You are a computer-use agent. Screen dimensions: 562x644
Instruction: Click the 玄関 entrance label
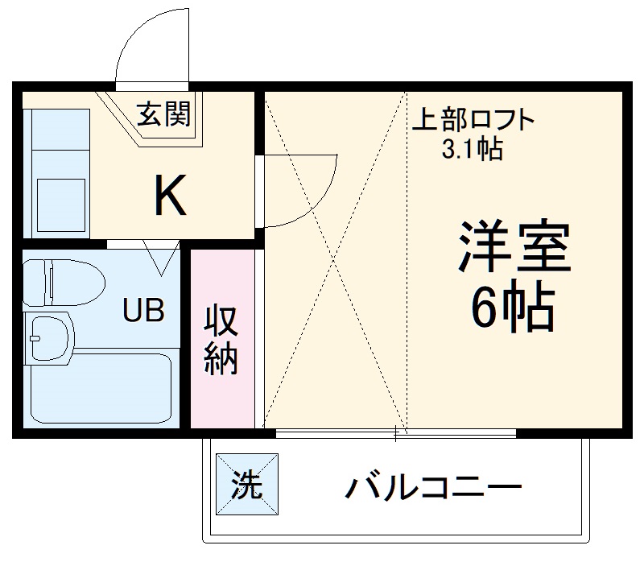point(163,115)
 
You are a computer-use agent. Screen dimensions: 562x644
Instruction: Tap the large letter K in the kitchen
point(171,195)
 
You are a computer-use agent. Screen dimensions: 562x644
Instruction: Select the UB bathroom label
point(144,308)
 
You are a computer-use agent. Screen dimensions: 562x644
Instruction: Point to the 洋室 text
point(514,249)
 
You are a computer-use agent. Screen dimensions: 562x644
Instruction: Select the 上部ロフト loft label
point(473,121)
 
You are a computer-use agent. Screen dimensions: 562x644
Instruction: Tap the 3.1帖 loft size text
point(473,149)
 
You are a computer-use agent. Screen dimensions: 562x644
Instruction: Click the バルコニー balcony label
point(434,487)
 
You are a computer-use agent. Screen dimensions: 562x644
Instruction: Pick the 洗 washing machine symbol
point(246,486)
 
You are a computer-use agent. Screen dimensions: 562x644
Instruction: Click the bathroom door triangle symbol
point(160,257)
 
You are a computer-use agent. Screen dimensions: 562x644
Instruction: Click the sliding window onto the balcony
point(394,434)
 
